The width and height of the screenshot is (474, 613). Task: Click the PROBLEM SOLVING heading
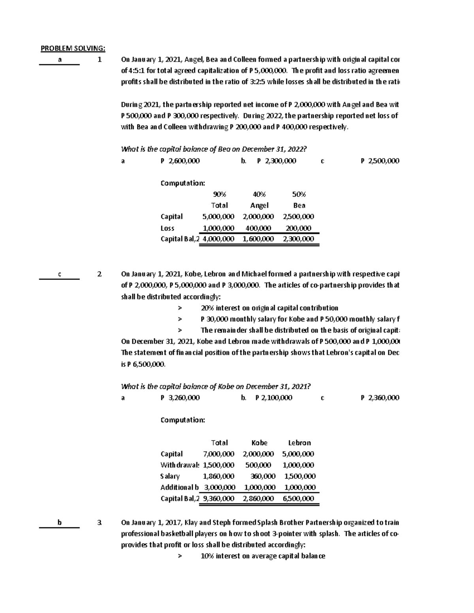[73, 49]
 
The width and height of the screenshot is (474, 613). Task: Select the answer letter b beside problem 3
[59, 522]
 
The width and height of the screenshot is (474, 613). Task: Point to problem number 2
[100, 274]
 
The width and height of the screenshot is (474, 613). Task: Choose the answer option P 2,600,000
[180, 161]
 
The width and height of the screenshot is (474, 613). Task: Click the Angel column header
[259, 205]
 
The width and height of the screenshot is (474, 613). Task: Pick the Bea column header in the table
[299, 205]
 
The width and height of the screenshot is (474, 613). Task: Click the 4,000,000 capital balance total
[218, 239]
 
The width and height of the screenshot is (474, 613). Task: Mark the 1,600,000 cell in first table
[258, 239]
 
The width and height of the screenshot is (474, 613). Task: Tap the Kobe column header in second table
[259, 443]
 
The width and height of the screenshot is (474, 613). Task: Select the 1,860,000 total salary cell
[218, 476]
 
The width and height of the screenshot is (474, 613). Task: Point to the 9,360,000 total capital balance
[218, 498]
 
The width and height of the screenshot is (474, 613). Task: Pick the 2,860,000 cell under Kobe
[258, 498]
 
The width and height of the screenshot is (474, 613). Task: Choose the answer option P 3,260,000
[180, 398]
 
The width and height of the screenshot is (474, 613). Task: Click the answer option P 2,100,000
[274, 398]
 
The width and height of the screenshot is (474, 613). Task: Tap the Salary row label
[170, 476]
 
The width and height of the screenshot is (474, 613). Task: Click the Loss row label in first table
[167, 228]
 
